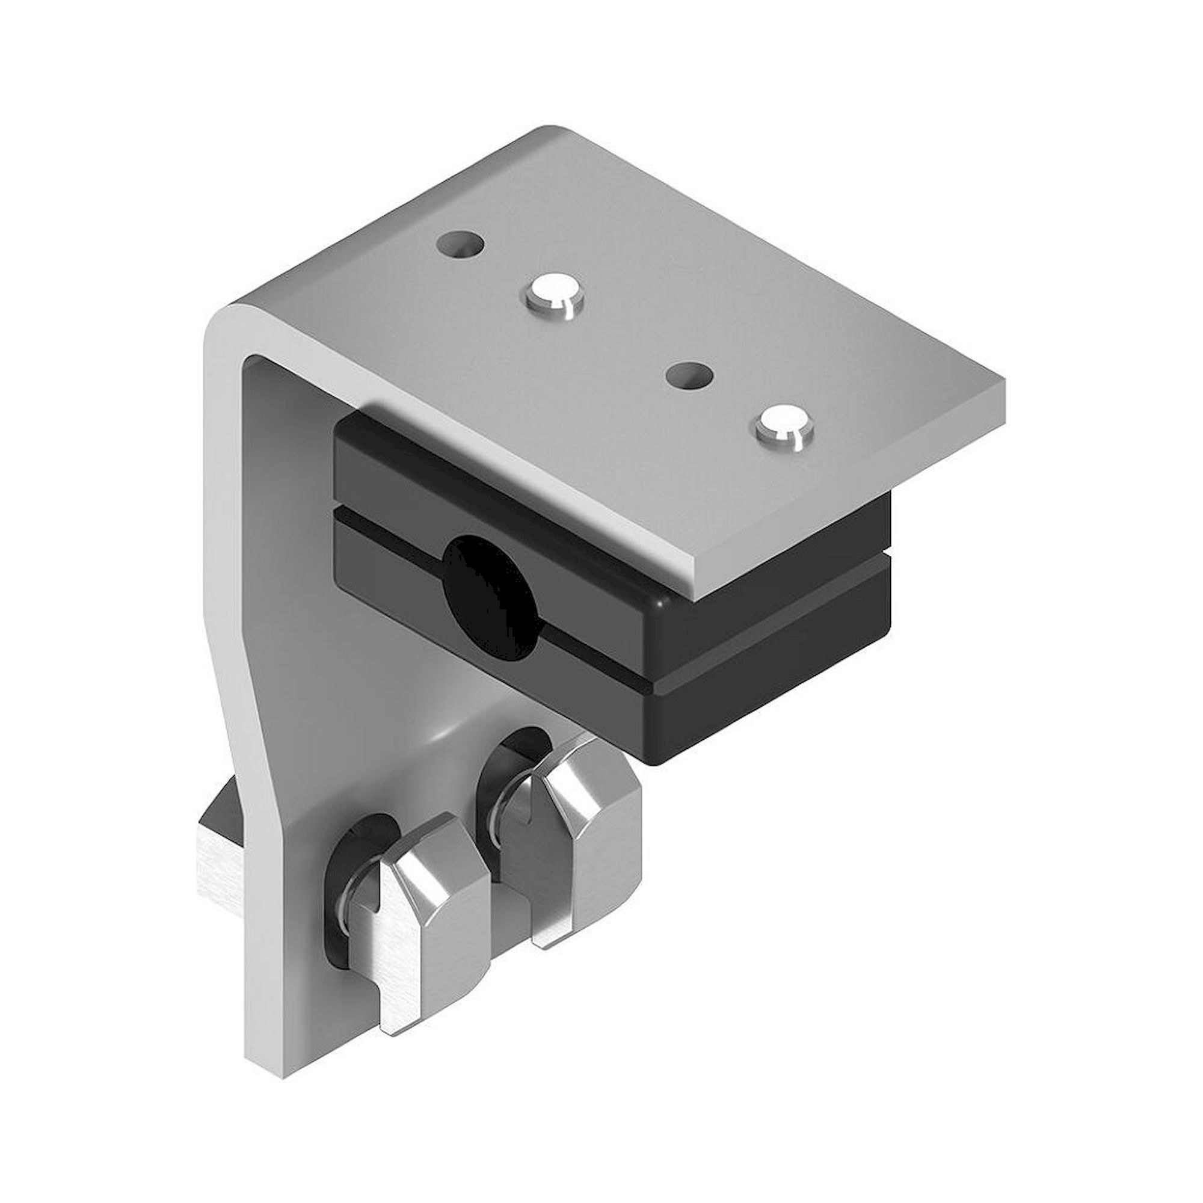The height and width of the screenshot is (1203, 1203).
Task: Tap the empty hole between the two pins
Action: coord(689,376)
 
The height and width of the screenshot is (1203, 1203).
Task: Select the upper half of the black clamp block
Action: coord(498,473)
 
